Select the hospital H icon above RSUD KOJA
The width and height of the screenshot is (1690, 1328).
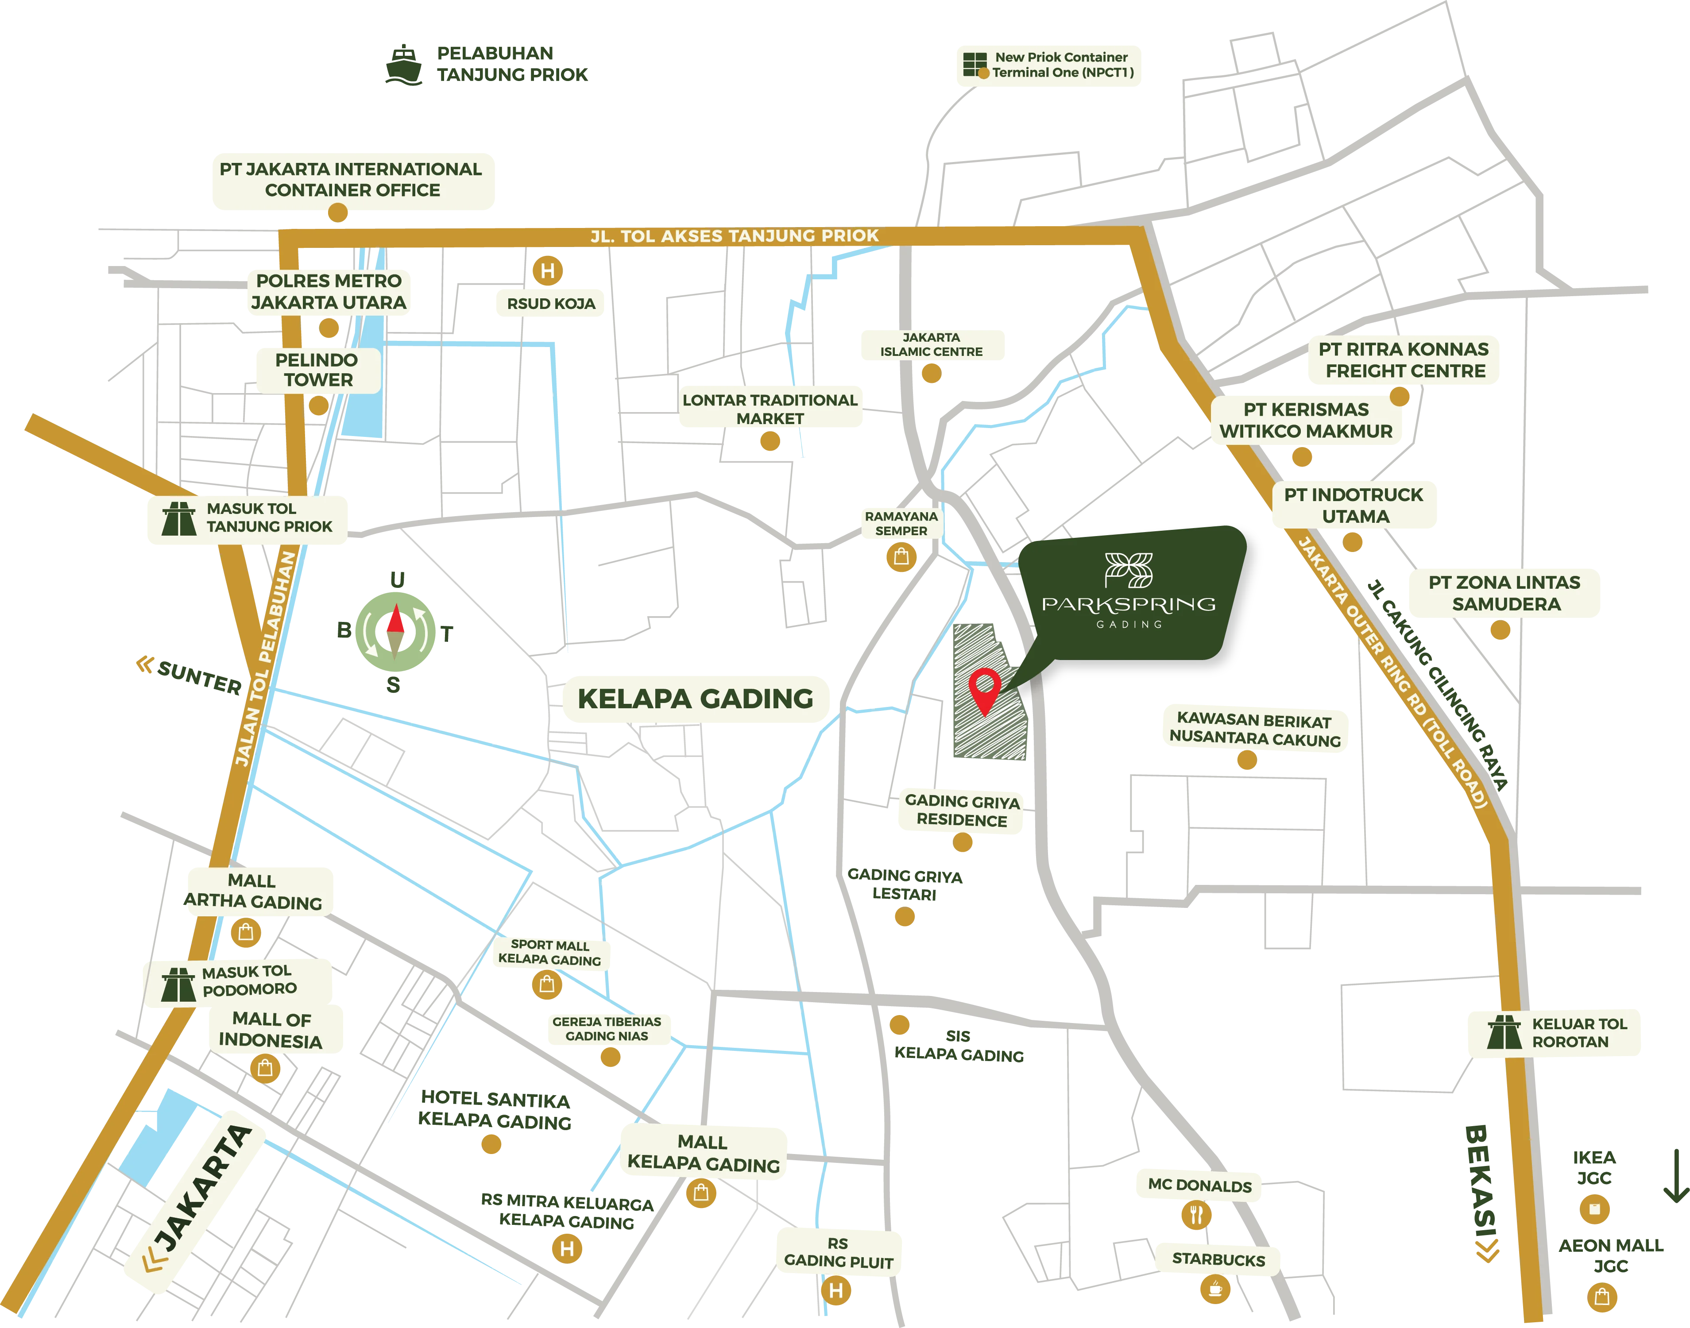pyautogui.click(x=548, y=270)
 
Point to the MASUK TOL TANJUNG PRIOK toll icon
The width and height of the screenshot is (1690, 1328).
pyautogui.click(x=179, y=519)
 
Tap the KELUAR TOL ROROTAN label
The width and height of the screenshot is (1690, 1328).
pyautogui.click(x=1579, y=1033)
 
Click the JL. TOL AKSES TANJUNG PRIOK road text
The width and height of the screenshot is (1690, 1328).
pyautogui.click(x=734, y=235)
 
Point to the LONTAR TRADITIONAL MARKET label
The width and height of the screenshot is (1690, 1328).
pyautogui.click(x=770, y=409)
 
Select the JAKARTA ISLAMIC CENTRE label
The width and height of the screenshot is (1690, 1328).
pyautogui.click(x=931, y=344)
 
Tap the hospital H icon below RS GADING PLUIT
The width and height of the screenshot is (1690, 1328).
pyautogui.click(x=836, y=1291)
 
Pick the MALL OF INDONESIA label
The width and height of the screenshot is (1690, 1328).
pyautogui.click(x=271, y=1030)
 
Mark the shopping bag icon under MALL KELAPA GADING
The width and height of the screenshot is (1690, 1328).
pyautogui.click(x=701, y=1193)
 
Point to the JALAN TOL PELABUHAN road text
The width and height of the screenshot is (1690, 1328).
pyautogui.click(x=265, y=659)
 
